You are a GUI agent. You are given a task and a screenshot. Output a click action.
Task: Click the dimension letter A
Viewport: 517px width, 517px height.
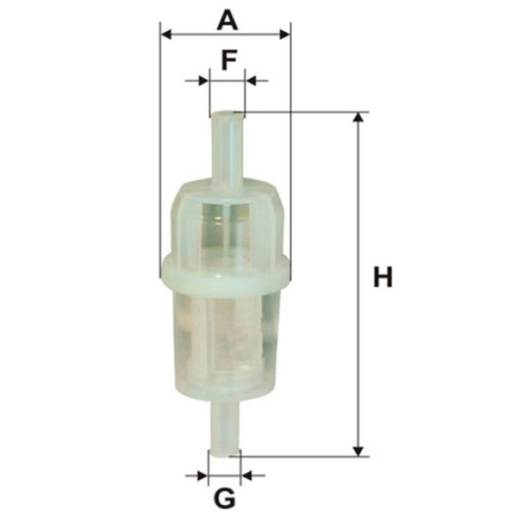(227, 20)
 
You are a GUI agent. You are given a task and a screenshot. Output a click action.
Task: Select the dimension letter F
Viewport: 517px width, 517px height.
(229, 60)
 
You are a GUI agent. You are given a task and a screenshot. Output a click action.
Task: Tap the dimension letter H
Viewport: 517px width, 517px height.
(383, 277)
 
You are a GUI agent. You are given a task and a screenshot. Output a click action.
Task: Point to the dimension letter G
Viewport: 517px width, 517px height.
(225, 498)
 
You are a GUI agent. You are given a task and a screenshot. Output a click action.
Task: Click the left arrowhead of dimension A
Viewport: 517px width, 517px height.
(166, 34)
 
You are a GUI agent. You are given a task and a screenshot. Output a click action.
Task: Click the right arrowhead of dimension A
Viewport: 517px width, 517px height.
(285, 34)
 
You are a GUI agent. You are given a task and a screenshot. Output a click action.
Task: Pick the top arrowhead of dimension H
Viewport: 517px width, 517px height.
(358, 117)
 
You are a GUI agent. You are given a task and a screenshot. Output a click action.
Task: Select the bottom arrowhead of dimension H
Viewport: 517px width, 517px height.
(358, 452)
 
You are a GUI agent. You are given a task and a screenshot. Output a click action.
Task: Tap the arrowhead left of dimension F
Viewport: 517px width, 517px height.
(203, 80)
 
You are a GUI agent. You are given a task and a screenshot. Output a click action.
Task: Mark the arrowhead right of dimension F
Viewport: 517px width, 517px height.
(251, 80)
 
